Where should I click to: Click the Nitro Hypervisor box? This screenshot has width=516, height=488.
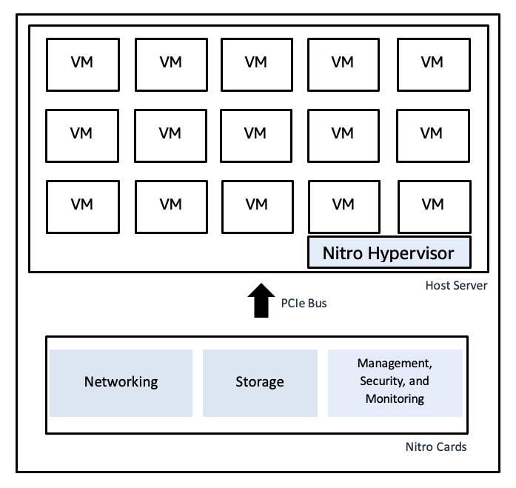(389, 253)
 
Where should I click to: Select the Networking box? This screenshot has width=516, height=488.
(121, 382)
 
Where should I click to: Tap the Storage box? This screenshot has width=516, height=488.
(259, 382)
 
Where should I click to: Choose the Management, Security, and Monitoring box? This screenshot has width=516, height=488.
(395, 382)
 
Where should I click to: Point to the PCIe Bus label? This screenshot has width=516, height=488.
(304, 303)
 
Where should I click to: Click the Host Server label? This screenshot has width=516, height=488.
(456, 285)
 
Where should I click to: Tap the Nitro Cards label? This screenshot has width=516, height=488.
(436, 447)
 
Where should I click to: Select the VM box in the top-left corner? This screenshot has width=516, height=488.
(81, 62)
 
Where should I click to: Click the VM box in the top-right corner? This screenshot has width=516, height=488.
(432, 62)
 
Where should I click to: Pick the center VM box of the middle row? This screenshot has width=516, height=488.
(255, 133)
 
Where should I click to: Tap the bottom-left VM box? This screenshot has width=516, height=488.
(81, 204)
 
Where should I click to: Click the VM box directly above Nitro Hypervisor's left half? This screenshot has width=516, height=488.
(342, 204)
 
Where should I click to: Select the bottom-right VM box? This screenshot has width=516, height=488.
(432, 204)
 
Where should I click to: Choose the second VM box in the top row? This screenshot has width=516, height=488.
(170, 62)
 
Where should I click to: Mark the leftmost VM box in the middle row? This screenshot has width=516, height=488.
(81, 133)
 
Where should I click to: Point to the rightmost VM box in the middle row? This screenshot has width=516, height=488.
(432, 133)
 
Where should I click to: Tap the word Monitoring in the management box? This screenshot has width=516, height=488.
(395, 398)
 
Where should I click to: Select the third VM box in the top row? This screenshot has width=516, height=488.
(255, 62)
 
